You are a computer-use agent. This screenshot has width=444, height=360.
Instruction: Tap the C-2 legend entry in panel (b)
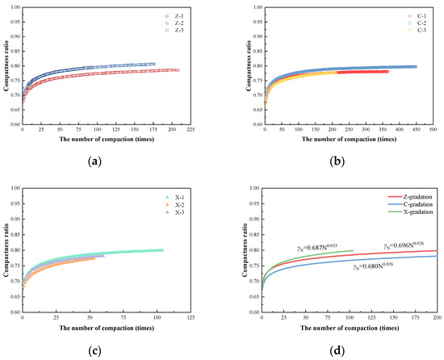click(x=412, y=23)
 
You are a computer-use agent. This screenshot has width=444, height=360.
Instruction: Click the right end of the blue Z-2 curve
click(x=154, y=64)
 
